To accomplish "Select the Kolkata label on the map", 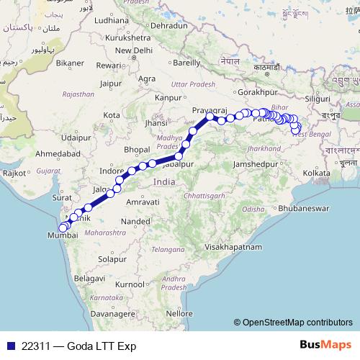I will pyautogui.click(x=317, y=174).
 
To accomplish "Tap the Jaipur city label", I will pyautogui.click(x=111, y=83).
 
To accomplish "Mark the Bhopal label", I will pyautogui.click(x=137, y=149).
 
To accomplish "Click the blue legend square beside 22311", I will pyautogui.click(x=9, y=346).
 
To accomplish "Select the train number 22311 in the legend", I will pyautogui.click(x=36, y=346).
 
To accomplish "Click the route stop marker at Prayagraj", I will pyautogui.click(x=210, y=117).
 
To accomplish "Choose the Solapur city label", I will pyautogui.click(x=112, y=258).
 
